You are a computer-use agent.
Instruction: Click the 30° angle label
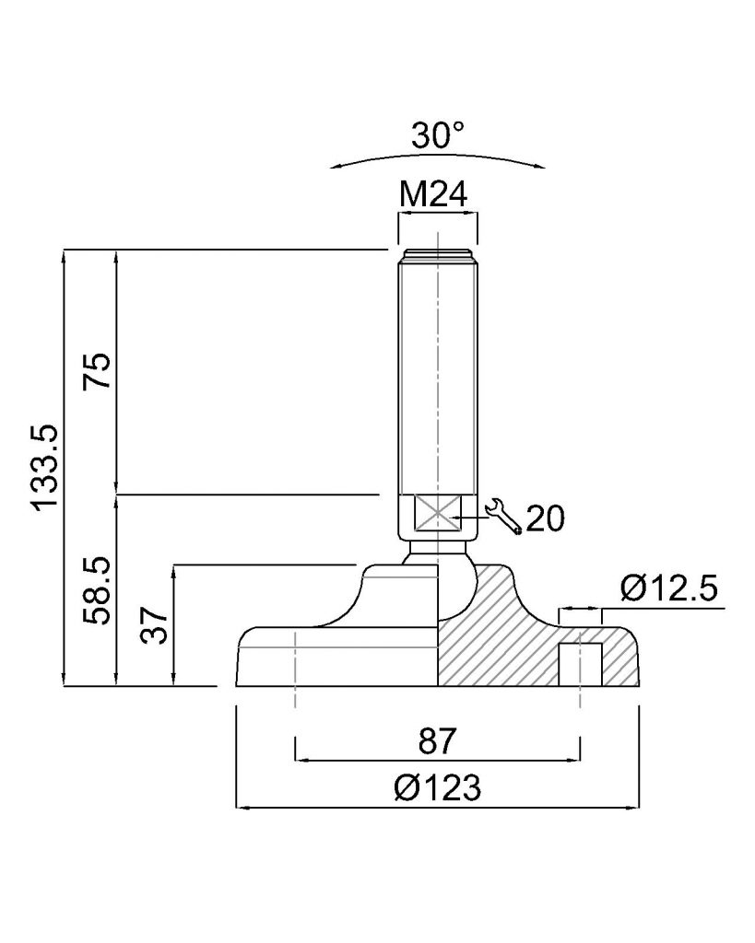point(438,135)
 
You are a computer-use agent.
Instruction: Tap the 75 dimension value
point(98,369)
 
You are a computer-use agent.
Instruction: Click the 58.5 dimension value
point(98,590)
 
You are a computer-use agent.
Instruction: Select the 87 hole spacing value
point(438,740)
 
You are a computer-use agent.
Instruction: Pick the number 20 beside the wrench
point(546,518)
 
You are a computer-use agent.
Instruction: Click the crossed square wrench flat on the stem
point(437,513)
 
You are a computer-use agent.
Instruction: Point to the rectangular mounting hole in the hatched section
point(580,665)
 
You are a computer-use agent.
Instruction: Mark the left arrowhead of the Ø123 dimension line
point(242,807)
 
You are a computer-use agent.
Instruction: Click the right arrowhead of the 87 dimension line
point(573,760)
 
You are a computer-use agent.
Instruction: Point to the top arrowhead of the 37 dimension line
point(173,571)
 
